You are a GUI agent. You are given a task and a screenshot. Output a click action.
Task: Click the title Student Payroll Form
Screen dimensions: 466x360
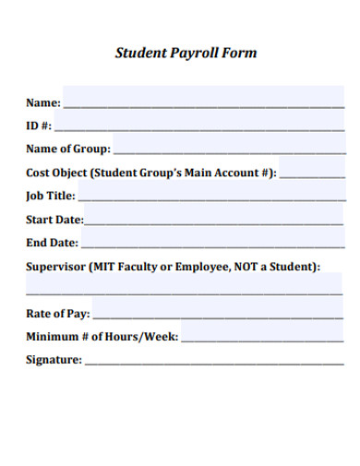click(x=186, y=53)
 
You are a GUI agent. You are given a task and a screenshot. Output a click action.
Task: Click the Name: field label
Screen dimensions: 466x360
click(x=42, y=102)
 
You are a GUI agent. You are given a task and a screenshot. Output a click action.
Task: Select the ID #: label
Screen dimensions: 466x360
click(x=39, y=125)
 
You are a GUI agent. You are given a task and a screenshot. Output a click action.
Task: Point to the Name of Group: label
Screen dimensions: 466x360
click(x=68, y=149)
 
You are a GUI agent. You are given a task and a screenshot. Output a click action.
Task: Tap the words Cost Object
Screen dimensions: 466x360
click(x=56, y=172)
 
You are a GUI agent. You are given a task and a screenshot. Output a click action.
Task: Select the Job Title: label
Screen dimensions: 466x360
click(x=51, y=196)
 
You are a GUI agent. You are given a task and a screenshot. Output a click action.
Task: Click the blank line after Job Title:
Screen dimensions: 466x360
click(x=211, y=196)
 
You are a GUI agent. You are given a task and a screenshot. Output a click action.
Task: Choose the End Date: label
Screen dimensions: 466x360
click(x=52, y=244)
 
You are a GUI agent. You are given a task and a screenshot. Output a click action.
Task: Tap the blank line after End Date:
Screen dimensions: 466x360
click(x=212, y=244)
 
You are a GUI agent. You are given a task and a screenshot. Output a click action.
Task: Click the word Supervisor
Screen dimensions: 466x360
click(x=55, y=267)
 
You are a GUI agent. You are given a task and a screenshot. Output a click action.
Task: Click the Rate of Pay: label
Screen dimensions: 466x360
click(x=57, y=314)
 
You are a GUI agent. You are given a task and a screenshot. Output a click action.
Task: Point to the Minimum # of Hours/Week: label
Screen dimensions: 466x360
click(x=102, y=337)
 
